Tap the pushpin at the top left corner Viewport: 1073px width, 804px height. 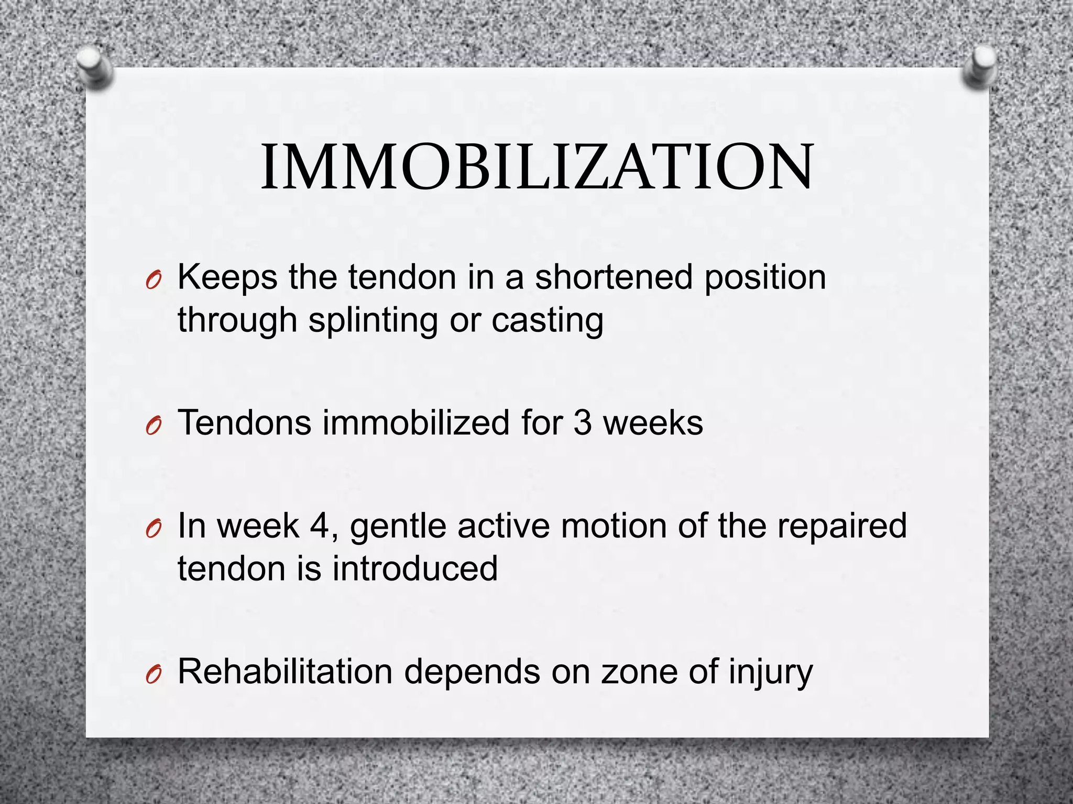94,69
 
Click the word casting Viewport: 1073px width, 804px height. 547,321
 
